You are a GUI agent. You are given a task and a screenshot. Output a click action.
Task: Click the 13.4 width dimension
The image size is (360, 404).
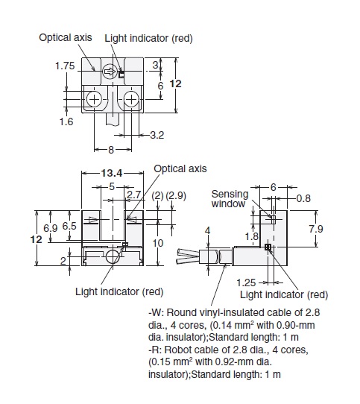tap(112, 173)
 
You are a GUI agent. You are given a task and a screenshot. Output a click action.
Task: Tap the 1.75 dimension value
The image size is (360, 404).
tap(65, 66)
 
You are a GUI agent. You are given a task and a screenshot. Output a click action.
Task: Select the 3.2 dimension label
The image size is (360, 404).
tap(157, 135)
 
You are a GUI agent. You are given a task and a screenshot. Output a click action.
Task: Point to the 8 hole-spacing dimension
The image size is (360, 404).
tap(111, 150)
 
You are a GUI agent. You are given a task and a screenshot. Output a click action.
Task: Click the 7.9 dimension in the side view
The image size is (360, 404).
tap(316, 229)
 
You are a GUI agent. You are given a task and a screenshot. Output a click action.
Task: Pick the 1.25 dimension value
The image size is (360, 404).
tap(246, 283)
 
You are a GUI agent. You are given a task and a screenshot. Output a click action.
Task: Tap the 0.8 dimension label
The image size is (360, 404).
tap(303, 198)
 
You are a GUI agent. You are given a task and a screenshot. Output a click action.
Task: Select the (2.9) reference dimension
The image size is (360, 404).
tap(176, 195)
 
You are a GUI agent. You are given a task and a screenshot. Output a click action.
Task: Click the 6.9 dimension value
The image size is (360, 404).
tap(50, 228)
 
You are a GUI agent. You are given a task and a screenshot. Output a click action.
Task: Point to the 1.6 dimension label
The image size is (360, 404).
tap(66, 121)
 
